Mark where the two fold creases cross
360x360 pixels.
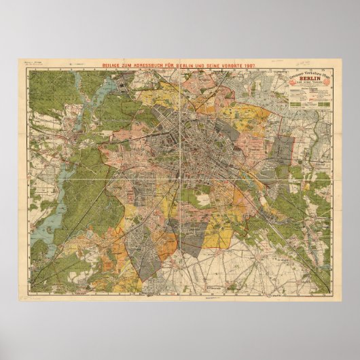pos(179,179)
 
